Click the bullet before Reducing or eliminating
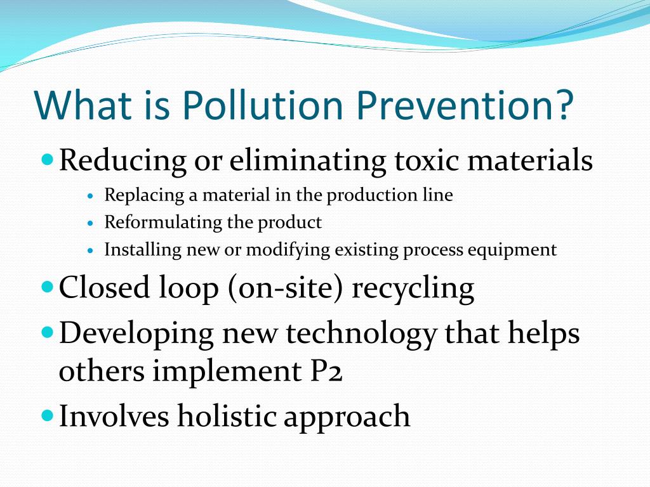pyautogui.click(x=48, y=159)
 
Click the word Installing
pyautogui.click(x=143, y=250)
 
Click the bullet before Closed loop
pyautogui.click(x=48, y=287)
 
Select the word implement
pyautogui.click(x=227, y=371)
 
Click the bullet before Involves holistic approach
pyautogui.click(x=48, y=415)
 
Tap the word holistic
pyautogui.click(x=227, y=415)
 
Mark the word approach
pyautogui.click(x=347, y=417)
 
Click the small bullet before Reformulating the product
pyautogui.click(x=91, y=223)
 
